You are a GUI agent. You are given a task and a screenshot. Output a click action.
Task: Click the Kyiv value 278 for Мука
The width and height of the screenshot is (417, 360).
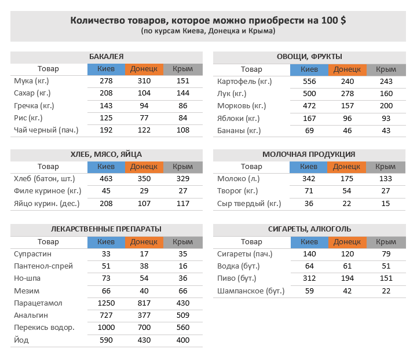click(x=106, y=82)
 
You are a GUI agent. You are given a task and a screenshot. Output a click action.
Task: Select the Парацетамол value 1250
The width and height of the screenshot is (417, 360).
click(x=106, y=303)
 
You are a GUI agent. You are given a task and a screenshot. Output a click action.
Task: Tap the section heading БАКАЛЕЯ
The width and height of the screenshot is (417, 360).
click(x=106, y=57)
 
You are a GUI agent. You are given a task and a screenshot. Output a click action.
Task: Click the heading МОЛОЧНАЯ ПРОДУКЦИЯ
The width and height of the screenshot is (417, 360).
click(x=309, y=155)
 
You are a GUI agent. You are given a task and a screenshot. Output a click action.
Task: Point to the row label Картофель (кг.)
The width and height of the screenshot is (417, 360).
click(x=240, y=82)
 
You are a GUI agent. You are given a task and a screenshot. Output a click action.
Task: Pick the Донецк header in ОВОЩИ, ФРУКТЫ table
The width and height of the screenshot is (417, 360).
click(x=348, y=69)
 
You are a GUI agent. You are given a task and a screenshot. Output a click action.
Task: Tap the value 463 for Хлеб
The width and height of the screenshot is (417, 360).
click(x=106, y=179)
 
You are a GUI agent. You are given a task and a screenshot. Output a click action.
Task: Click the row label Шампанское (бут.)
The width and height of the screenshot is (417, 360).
click(x=251, y=291)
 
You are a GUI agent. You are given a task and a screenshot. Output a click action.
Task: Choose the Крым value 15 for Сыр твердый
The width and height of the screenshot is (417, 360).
click(x=386, y=204)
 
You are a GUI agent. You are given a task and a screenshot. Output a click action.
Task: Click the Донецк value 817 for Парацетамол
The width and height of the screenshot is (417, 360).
click(x=144, y=303)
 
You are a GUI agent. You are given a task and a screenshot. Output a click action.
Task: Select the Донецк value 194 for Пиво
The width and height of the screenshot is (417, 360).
click(x=348, y=278)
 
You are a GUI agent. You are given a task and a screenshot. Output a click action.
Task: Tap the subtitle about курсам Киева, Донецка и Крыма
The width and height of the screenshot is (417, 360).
click(x=208, y=31)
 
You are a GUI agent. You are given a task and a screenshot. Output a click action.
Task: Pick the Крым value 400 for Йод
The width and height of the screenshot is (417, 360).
click(x=183, y=340)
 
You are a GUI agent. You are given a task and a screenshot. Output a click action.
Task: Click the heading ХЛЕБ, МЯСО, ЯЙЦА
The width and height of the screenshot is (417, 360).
click(x=106, y=155)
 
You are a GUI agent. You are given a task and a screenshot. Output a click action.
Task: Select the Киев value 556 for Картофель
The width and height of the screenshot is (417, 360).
click(x=309, y=82)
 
